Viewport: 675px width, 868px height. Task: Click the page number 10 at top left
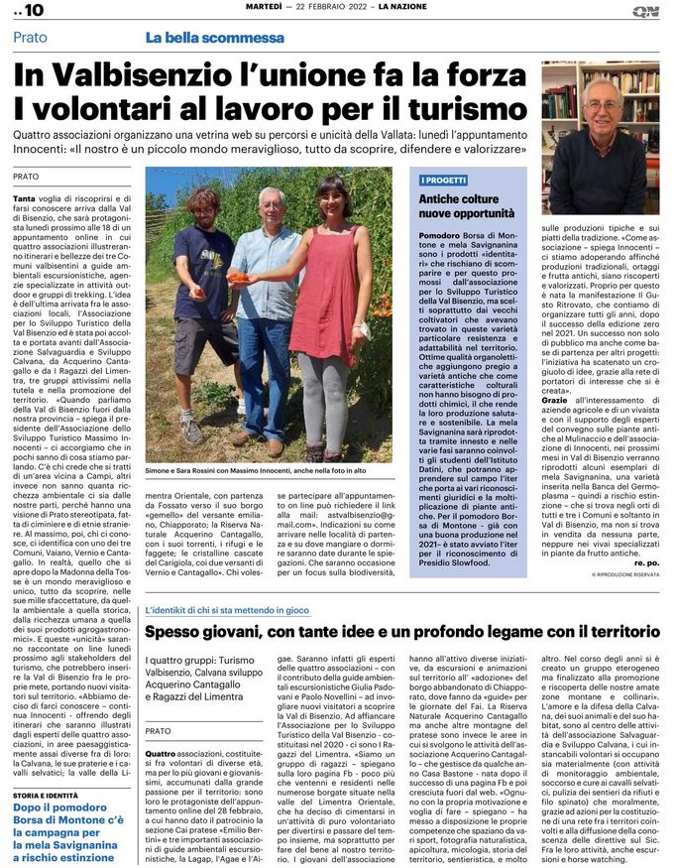coord(30,11)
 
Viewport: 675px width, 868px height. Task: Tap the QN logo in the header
coord(645,11)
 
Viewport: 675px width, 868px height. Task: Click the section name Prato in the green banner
coord(31,38)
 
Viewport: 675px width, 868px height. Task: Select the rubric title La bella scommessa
coord(214,38)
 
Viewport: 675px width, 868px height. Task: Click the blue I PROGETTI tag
coord(444,180)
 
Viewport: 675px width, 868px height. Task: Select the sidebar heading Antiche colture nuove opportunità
coord(465,206)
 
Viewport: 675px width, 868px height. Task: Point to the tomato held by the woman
coord(241,278)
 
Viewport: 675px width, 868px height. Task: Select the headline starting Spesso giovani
coord(401,603)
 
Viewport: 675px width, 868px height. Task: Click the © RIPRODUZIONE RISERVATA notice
coord(624,574)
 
